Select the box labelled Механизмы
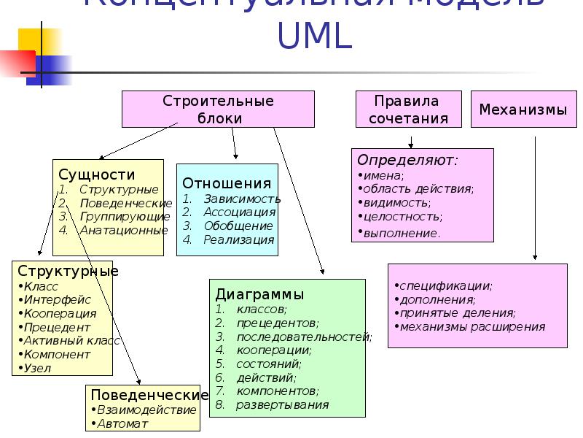point(523,110)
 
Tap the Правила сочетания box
point(408,109)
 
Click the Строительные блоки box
point(218,109)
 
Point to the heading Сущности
point(97,174)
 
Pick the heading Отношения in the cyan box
point(227,183)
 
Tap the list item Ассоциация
point(239,212)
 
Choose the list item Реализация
point(239,239)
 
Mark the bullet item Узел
point(38,368)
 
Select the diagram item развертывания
point(282,404)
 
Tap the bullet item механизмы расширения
point(472,326)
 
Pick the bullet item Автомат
point(123,423)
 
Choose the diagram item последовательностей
point(303,337)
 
